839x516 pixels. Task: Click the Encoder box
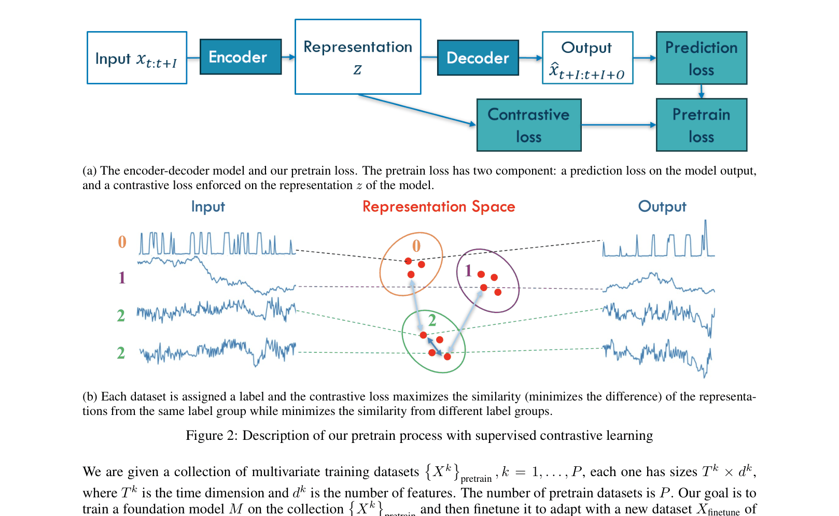click(241, 57)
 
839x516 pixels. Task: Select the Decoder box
click(478, 58)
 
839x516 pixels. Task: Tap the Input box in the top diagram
click(137, 58)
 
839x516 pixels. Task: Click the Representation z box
click(358, 57)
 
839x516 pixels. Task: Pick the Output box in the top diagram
click(588, 58)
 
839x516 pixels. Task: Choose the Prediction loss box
click(701, 58)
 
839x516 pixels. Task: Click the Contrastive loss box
click(528, 125)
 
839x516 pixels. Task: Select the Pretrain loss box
click(701, 125)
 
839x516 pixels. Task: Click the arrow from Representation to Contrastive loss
click(417, 110)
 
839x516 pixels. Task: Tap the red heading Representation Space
click(439, 207)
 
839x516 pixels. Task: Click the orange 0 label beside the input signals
click(122, 242)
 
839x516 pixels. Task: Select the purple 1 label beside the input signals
click(122, 278)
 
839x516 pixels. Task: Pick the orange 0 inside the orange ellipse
click(416, 246)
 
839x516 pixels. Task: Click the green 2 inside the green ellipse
click(432, 320)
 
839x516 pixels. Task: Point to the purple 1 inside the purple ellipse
click(468, 271)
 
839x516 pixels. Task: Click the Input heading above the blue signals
click(208, 207)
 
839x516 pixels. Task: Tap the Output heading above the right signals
click(662, 207)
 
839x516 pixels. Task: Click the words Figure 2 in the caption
click(211, 436)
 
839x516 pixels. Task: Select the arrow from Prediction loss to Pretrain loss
click(701, 91)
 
